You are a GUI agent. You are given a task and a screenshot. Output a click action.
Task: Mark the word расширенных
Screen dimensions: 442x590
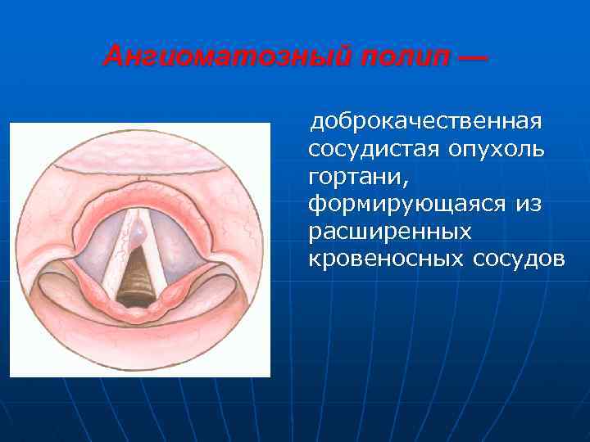[390, 232]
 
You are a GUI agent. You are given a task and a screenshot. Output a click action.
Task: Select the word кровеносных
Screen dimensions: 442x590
[386, 259]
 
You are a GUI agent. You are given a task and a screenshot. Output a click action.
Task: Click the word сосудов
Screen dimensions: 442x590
[519, 259]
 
